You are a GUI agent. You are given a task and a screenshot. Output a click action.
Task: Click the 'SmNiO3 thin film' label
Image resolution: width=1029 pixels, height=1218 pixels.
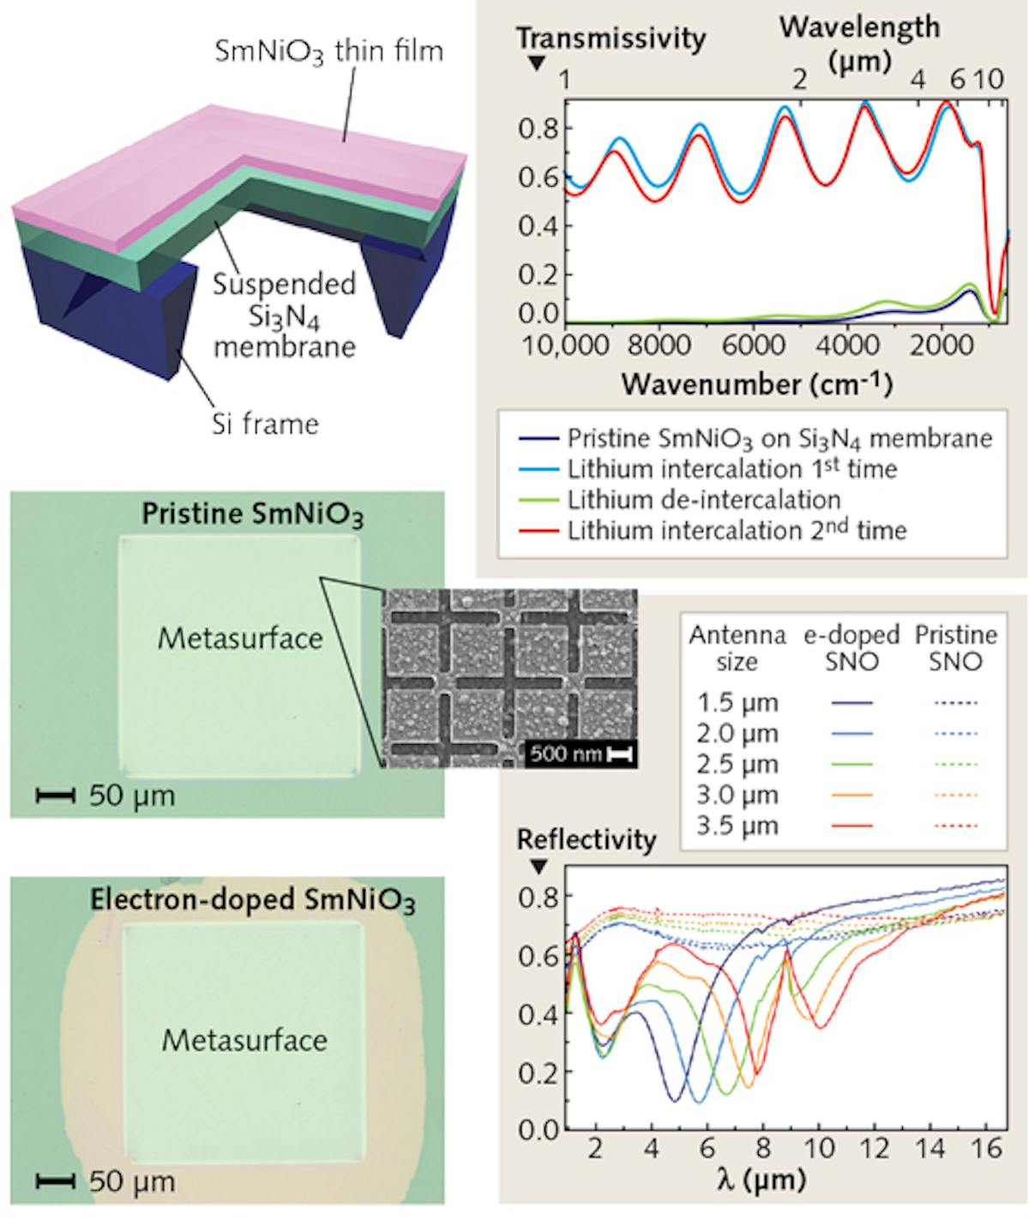pyautogui.click(x=328, y=52)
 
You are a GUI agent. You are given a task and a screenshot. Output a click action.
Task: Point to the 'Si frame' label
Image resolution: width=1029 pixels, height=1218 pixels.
pyautogui.click(x=265, y=423)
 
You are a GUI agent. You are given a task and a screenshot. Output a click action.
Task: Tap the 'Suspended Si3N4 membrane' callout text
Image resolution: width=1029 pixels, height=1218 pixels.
pyautogui.click(x=284, y=315)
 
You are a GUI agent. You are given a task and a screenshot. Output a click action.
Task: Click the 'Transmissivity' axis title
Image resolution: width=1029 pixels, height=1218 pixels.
pyautogui.click(x=611, y=39)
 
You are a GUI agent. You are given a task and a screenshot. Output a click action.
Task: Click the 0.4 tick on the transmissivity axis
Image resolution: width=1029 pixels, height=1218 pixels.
pyautogui.click(x=539, y=226)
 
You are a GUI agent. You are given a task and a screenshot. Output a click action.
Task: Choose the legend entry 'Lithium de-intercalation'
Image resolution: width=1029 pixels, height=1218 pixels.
pyautogui.click(x=703, y=500)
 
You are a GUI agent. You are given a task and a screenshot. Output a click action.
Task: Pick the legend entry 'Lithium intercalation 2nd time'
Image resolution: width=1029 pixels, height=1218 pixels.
pyautogui.click(x=736, y=531)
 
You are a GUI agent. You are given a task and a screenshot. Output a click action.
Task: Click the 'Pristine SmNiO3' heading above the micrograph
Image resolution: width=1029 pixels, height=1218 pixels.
pyautogui.click(x=253, y=515)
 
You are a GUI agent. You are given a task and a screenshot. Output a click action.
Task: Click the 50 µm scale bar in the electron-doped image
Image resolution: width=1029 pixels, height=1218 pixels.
pyautogui.click(x=57, y=1182)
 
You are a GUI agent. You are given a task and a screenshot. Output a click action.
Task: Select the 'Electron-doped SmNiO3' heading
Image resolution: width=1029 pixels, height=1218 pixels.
pyautogui.click(x=253, y=901)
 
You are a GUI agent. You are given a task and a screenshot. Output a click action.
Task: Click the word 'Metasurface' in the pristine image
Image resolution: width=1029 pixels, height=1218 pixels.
pyautogui.click(x=240, y=639)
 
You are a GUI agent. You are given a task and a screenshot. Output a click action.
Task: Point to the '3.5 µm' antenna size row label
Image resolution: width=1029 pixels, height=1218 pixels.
pyautogui.click(x=737, y=826)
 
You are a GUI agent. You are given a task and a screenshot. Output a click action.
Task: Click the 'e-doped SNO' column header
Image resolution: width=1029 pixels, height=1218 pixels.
pyautogui.click(x=851, y=648)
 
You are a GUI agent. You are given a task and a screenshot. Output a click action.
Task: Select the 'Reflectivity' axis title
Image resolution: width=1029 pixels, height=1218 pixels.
pyautogui.click(x=586, y=840)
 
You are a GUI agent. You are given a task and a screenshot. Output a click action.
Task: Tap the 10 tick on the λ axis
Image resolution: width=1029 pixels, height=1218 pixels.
pyautogui.click(x=820, y=1149)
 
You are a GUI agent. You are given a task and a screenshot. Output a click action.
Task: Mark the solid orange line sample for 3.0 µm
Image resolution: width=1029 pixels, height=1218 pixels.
pyautogui.click(x=851, y=795)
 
